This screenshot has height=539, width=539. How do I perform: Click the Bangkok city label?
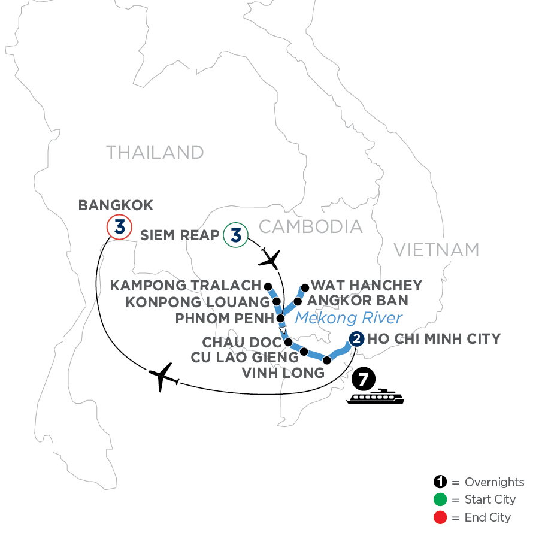click(116, 205)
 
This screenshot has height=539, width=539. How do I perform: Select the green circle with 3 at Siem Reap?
click(235, 234)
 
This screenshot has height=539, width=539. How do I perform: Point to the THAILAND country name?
click(155, 152)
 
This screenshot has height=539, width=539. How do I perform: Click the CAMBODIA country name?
click(311, 226)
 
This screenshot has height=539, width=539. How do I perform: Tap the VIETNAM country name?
click(437, 250)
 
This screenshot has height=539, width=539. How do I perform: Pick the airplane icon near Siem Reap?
click(271, 259)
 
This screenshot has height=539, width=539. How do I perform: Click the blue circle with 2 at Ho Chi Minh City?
click(356, 340)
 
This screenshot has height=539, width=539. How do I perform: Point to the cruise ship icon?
click(376, 398)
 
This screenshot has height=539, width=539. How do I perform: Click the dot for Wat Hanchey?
click(304, 286)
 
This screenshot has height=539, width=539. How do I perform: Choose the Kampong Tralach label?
click(186, 286)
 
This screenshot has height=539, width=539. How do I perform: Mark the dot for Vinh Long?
click(326, 360)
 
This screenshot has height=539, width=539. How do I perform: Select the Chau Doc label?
click(242, 343)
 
